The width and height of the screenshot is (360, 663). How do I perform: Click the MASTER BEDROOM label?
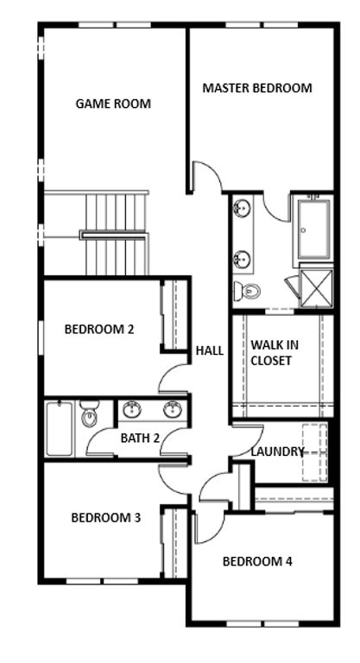[x=257, y=88]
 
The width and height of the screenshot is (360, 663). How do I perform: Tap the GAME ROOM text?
[x=113, y=104]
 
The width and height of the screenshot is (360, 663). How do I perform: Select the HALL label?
[x=210, y=350]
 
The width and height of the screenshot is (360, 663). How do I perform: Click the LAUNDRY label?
[x=277, y=451]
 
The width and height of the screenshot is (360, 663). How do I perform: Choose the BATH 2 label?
[x=140, y=438]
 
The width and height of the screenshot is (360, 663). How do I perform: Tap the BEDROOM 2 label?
[x=99, y=330]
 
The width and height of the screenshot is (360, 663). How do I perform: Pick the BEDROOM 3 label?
[x=106, y=518]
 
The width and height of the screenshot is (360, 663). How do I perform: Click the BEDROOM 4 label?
[x=257, y=561]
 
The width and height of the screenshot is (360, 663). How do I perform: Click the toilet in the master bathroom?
[x=247, y=291]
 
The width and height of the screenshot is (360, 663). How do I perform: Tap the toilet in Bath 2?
[x=89, y=414]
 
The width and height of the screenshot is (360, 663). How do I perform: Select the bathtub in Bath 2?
[x=60, y=429]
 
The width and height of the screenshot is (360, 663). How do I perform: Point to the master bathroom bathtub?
[x=313, y=229]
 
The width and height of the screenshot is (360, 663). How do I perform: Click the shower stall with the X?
[x=316, y=287]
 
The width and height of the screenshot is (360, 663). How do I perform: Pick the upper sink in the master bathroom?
[x=243, y=208]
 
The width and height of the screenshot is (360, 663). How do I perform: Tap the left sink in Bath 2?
[x=132, y=410]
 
